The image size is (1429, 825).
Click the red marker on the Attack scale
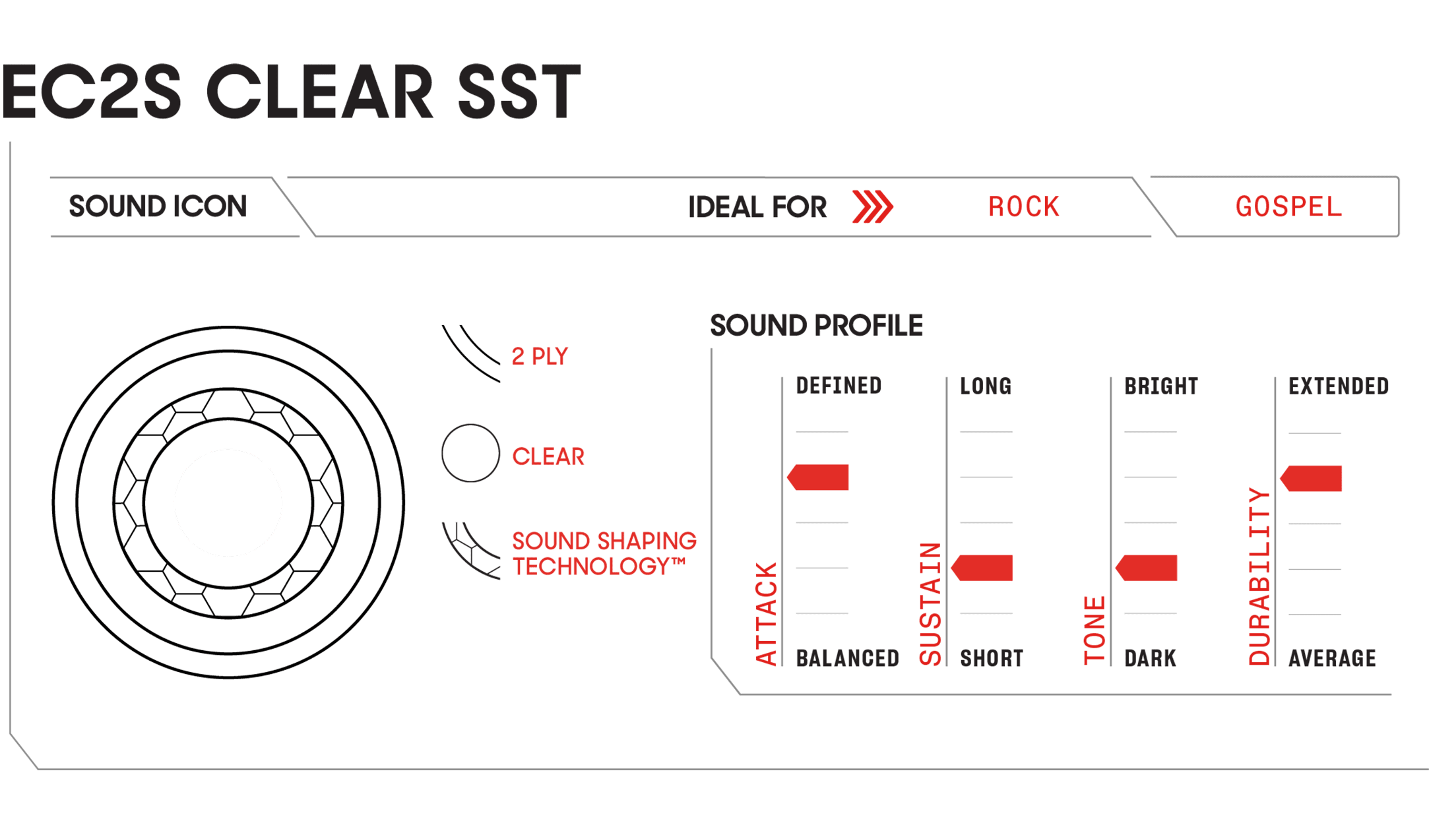pos(818,477)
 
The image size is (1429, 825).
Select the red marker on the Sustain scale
pos(982,568)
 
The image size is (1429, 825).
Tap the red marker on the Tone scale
pos(1146,568)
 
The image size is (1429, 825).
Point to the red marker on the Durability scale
pos(1311,478)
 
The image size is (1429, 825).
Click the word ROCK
pos(1024,207)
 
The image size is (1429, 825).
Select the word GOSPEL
pos(1288,207)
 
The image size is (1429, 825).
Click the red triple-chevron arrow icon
pos(872,207)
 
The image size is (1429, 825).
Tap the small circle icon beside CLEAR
pos(470,453)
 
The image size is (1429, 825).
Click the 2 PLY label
pos(540,357)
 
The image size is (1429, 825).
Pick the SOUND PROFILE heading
pos(816,326)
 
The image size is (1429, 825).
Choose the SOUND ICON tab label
pos(158,206)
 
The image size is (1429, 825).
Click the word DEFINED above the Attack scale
pos(839,386)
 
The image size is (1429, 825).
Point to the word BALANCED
pos(848,658)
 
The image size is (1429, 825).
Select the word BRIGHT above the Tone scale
pos(1161,386)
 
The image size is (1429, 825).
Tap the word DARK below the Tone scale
pos(1150,658)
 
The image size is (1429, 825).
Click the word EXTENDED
pos(1339,386)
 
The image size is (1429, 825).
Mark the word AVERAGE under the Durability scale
pos(1332,658)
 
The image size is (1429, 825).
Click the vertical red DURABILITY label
pos(1259,576)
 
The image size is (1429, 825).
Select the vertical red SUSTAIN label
pos(930,604)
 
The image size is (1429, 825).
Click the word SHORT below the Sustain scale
pos(992,658)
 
